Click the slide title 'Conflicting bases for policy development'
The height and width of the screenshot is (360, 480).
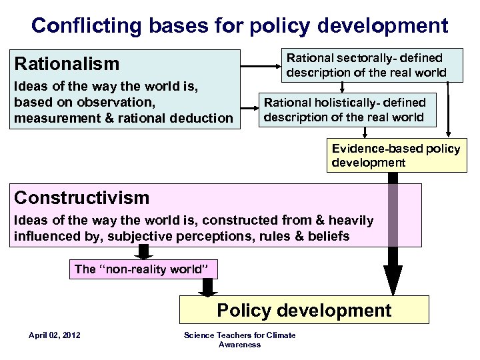click(x=239, y=25)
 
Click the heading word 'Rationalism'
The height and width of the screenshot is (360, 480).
click(x=67, y=64)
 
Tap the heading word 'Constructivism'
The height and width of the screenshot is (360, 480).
click(x=82, y=197)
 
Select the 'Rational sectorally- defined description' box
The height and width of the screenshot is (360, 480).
click(x=364, y=65)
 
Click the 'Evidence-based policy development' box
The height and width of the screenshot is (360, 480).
click(x=395, y=155)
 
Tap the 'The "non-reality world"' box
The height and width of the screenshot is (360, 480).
click(x=143, y=269)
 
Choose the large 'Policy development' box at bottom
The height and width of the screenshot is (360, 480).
click(x=304, y=310)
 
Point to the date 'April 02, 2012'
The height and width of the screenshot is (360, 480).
click(x=55, y=335)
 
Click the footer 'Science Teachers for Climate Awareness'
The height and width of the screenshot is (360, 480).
click(x=239, y=339)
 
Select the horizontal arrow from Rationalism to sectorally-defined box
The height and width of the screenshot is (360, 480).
click(x=260, y=65)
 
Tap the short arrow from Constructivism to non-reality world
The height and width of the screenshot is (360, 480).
click(x=143, y=252)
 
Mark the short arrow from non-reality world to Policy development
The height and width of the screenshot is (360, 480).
click(x=207, y=287)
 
